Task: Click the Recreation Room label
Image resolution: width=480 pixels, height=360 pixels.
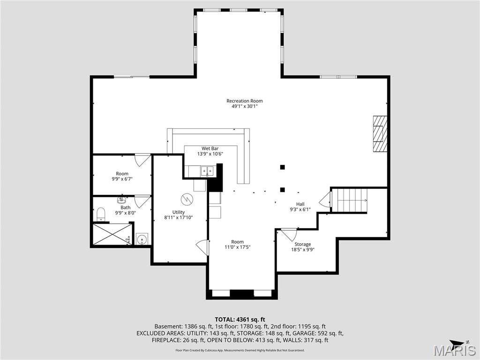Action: (x=244, y=101)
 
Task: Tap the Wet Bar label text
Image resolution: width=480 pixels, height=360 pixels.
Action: (x=210, y=149)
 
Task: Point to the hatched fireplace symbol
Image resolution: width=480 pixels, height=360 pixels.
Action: (x=380, y=134)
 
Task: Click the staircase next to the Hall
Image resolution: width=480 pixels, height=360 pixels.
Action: (x=351, y=200)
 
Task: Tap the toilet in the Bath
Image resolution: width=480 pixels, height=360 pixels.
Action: (x=100, y=214)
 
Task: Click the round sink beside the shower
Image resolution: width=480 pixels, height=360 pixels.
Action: (x=142, y=239)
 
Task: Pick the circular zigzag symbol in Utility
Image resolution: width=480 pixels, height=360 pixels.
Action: (x=187, y=199)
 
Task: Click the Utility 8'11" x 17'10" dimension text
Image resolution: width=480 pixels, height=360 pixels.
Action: (x=179, y=217)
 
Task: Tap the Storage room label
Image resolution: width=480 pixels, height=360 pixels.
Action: (x=302, y=244)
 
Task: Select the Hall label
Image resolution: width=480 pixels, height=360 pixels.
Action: (x=300, y=204)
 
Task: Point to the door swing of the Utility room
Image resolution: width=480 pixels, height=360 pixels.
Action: (x=202, y=247)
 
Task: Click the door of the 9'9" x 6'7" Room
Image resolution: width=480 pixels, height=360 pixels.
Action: (x=142, y=160)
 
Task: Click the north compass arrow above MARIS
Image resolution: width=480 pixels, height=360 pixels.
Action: (x=457, y=343)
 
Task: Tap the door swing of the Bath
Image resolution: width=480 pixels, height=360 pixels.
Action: (x=142, y=201)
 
